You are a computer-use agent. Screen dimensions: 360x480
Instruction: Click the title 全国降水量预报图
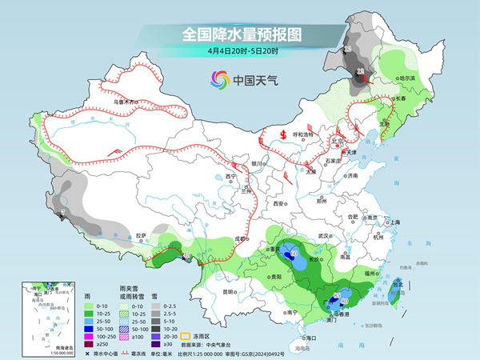coord(241,34)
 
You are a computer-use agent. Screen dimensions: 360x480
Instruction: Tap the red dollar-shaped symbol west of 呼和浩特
coord(283,134)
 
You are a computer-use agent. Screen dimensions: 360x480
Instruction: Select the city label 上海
coord(394,222)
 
